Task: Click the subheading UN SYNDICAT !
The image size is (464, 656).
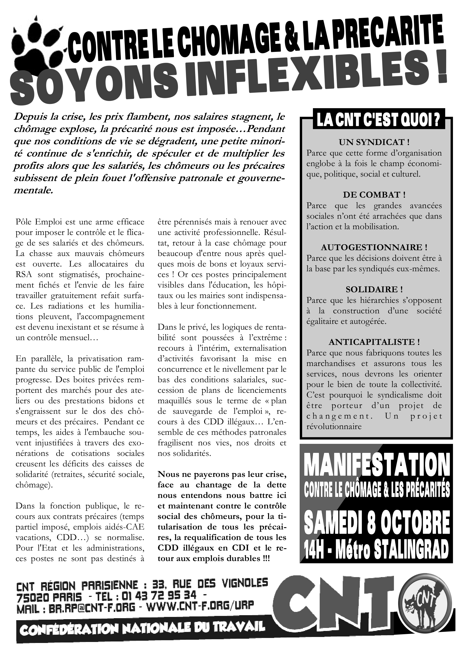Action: (x=374, y=142)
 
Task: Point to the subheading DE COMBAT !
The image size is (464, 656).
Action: (x=374, y=195)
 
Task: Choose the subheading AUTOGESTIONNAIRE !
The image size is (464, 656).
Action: (x=374, y=247)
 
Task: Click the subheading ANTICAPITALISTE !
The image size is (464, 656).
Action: (x=374, y=342)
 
